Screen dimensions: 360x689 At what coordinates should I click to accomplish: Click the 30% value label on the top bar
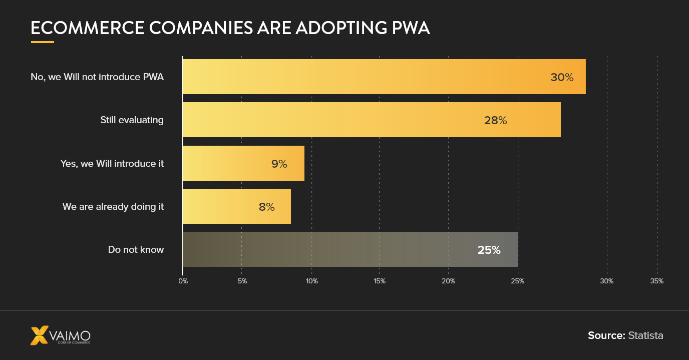click(x=562, y=77)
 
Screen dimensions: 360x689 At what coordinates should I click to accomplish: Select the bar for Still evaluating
click(x=371, y=120)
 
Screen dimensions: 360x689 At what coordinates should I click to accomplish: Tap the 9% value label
click(x=279, y=163)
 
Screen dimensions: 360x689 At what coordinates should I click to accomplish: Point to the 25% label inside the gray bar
click(x=489, y=250)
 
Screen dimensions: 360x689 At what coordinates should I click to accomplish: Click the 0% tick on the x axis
click(x=183, y=281)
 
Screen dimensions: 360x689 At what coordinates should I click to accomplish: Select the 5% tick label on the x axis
click(x=242, y=281)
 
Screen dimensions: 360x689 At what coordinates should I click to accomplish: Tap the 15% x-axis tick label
click(x=380, y=281)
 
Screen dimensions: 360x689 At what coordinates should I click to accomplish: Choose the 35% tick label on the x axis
click(x=656, y=281)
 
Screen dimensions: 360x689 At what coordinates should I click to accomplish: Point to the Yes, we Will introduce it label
click(x=112, y=163)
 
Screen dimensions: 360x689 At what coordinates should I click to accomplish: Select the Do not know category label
click(x=136, y=249)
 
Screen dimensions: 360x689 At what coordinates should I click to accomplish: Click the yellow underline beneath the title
click(x=42, y=42)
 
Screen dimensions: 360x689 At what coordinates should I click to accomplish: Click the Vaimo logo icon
click(x=40, y=335)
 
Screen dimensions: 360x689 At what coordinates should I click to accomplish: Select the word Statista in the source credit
click(x=645, y=335)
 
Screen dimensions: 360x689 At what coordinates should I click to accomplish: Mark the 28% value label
click(x=495, y=120)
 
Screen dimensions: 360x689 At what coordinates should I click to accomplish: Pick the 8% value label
click(x=266, y=206)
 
